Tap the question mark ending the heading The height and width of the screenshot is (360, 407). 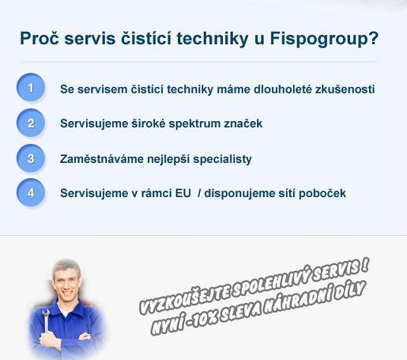tap(373, 38)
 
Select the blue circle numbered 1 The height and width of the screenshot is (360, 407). tap(31, 87)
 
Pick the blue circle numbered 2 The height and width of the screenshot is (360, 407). tap(31, 123)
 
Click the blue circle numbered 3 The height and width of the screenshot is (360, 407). tap(31, 158)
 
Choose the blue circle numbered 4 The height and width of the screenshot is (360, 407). tap(31, 192)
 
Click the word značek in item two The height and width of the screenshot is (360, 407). tap(243, 123)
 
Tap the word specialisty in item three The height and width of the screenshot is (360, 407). tap(222, 159)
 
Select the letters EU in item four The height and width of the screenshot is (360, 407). tap(183, 193)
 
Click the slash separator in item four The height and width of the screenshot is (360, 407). tap(199, 193)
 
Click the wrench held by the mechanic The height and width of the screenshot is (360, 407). tap(46, 320)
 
